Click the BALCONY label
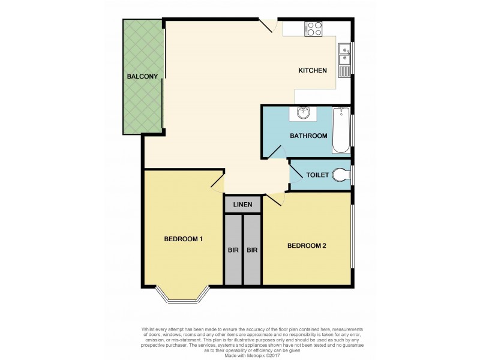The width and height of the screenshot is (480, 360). (142, 76)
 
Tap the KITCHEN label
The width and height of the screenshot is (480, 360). (313, 71)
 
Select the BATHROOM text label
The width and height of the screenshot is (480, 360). (308, 136)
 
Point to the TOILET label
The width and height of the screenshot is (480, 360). (317, 175)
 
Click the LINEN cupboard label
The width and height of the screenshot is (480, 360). (243, 205)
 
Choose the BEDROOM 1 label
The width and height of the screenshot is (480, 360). (183, 239)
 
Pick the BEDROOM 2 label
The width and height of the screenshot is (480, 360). (307, 245)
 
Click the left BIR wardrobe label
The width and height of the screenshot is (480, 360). (233, 250)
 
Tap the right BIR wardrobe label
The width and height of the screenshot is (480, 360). (253, 250)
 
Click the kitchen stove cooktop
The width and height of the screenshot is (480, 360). (313, 28)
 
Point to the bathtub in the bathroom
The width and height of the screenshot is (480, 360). (340, 130)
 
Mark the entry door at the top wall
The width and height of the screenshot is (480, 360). (268, 25)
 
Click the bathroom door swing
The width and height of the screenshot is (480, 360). (276, 149)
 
